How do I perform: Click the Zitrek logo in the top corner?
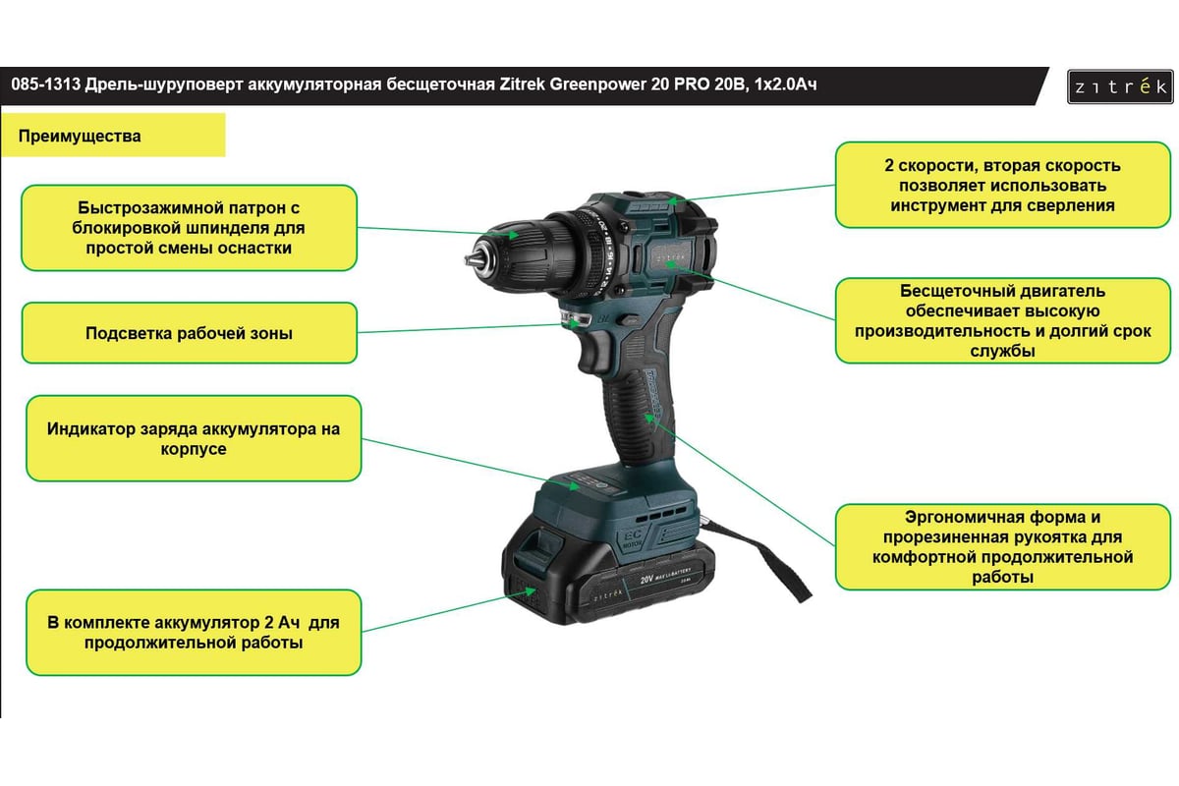tap(1120, 86)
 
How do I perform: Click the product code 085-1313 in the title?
tap(46, 84)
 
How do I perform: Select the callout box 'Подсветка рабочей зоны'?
tap(189, 333)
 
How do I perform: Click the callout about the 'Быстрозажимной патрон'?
tap(189, 228)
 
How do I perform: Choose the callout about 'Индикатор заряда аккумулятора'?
tap(194, 438)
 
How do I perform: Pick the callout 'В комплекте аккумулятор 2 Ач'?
tap(194, 633)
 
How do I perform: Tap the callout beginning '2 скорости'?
tap(1003, 185)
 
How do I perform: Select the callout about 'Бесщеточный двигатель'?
tap(1003, 320)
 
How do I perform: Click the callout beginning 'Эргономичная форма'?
tap(1003, 547)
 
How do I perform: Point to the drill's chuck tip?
tap(470, 259)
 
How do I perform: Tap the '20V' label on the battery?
tap(646, 580)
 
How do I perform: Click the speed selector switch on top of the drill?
tap(651, 207)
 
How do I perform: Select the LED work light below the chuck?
tap(575, 319)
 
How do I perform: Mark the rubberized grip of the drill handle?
tap(640, 416)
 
